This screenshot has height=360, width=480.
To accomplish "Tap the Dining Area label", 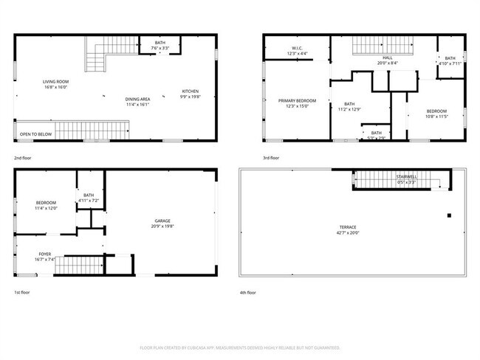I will pos(137,99).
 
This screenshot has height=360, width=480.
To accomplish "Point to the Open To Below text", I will pos(36,134).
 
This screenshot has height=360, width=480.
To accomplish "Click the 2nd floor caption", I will pos(24,159).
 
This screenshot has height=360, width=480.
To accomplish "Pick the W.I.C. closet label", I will pos(298,49).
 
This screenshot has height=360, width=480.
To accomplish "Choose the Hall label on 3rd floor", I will pos(388,58).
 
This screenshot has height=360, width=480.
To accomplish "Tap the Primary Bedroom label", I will pos(298,100).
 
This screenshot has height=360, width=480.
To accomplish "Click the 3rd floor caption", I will pos(270,159).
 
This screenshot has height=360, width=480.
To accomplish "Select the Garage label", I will pos(162,220).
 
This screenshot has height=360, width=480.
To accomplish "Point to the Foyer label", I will pos(45,254).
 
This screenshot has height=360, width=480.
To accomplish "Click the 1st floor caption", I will pos(23,292).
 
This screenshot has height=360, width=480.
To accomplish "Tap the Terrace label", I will pos(347,227).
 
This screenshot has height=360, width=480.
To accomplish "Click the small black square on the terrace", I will pos(448,215).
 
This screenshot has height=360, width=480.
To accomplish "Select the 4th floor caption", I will pos(247,292).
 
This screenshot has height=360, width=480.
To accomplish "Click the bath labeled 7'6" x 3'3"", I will pos(160,49).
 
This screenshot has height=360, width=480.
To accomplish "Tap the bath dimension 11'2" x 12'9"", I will pos(349,109).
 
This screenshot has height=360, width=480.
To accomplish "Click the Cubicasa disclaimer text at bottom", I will pos(240,347).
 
